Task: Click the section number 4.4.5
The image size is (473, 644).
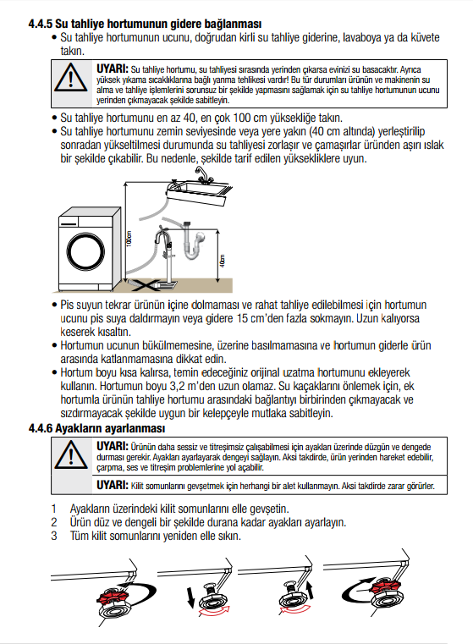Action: pyautogui.click(x=41, y=24)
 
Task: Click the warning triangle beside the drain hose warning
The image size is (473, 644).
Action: pyautogui.click(x=70, y=78)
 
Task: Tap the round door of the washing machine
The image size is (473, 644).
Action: pyautogui.click(x=85, y=252)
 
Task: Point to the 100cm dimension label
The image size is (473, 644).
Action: pyautogui.click(x=129, y=239)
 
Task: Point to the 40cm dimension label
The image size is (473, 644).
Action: pyautogui.click(x=223, y=261)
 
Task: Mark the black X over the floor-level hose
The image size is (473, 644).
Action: pyautogui.click(x=146, y=284)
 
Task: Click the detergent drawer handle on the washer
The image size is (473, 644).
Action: pyautogui.click(x=69, y=224)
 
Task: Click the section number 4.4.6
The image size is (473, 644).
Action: pyautogui.click(x=41, y=428)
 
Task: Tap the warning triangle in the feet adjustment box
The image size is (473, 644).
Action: pyautogui.click(x=71, y=455)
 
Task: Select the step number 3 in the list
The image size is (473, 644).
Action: pyautogui.click(x=54, y=536)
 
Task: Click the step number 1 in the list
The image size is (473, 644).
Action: pyautogui.click(x=54, y=509)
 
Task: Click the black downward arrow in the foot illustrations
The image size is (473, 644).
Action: pyautogui.click(x=191, y=597)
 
